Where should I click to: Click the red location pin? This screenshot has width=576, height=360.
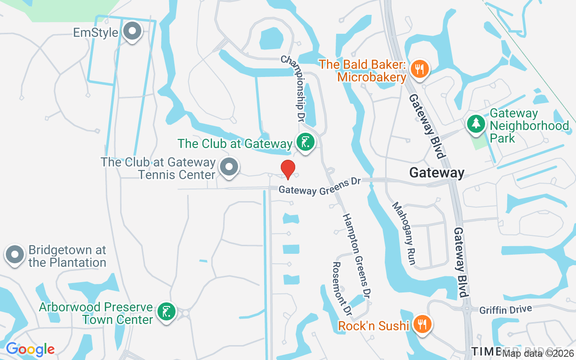point(288,169)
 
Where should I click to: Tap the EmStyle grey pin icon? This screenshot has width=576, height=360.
point(132,31)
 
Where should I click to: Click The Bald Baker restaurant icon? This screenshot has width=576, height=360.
point(419,69)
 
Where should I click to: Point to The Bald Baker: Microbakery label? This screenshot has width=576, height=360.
point(363,71)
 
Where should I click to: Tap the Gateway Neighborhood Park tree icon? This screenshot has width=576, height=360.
point(476,123)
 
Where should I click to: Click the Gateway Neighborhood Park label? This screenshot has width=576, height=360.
point(529,126)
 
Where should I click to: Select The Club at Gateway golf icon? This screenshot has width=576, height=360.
point(306,143)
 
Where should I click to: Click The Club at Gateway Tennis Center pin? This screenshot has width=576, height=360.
point(229,167)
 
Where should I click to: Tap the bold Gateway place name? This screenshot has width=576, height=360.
point(436,173)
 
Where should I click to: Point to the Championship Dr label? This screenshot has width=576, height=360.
point(293,89)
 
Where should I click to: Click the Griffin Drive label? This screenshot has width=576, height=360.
point(505,310)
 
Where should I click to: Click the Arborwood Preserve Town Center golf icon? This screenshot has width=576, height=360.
point(166,311)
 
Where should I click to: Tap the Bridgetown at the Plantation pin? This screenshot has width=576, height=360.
point(15,254)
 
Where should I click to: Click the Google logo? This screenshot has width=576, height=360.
point(30,349)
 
